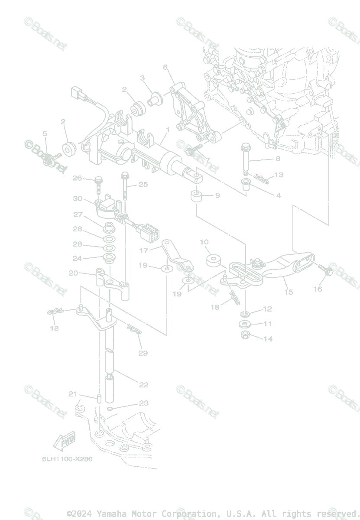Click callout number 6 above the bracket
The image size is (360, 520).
click(165, 67)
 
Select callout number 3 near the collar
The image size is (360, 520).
click(142, 78)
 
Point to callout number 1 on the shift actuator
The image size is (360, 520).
click(167, 130)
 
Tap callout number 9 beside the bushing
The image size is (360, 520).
click(217, 195)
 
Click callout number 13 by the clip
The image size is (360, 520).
click(279, 175)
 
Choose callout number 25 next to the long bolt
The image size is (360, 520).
click(143, 185)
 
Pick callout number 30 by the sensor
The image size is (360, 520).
click(78, 198)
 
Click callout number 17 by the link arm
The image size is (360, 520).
click(144, 250)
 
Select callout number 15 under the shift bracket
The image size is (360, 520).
click(288, 292)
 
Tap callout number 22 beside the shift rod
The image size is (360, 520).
click(144, 384)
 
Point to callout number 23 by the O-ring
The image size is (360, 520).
click(143, 403)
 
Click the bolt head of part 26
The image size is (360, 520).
click(98, 179)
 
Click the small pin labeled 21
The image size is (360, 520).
click(98, 397)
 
